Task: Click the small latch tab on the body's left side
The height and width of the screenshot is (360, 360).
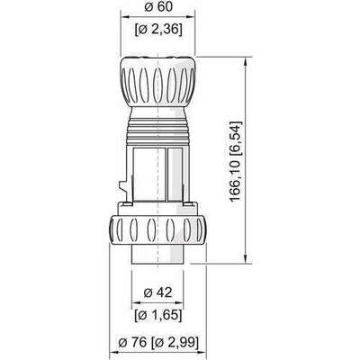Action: [x=121, y=189]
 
